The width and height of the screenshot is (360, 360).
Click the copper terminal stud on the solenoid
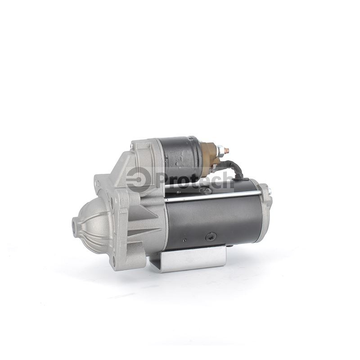[226, 150]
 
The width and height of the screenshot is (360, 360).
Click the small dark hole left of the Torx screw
[184, 240]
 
